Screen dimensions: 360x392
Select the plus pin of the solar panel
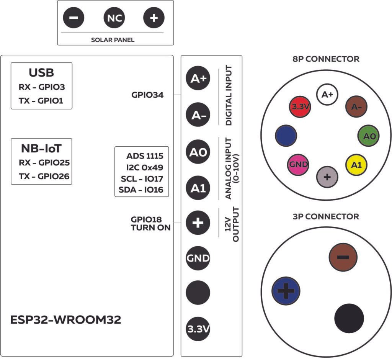click(154, 18)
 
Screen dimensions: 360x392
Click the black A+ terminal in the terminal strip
click(198, 79)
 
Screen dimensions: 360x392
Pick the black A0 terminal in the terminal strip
click(198, 152)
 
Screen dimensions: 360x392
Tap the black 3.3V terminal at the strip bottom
click(198, 329)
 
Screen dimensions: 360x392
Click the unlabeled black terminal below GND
click(198, 293)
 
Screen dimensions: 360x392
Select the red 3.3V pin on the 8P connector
click(299, 107)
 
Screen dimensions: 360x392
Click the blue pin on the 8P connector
click(286, 135)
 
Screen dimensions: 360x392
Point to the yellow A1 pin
click(356, 164)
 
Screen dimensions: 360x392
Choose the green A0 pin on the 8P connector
click(369, 136)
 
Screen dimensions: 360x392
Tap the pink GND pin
click(298, 164)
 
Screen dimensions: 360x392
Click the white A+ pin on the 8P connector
click(327, 95)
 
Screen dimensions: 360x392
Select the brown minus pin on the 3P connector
click(343, 257)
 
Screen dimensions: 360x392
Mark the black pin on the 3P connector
click(349, 318)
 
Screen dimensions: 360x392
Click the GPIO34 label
click(147, 95)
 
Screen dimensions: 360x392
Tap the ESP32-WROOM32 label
click(66, 320)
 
